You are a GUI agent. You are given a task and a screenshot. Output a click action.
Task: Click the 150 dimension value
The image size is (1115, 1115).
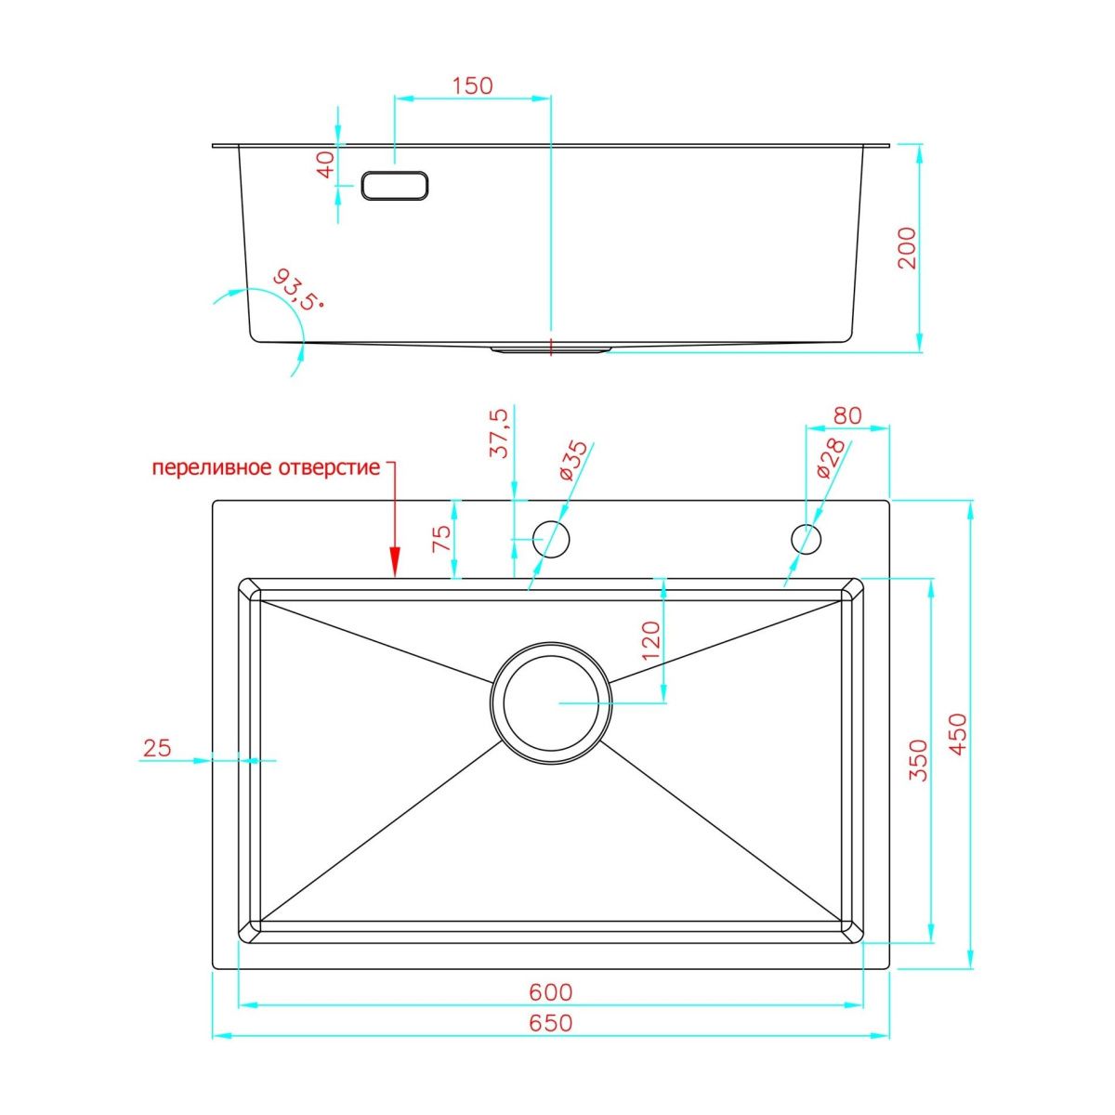coord(472,85)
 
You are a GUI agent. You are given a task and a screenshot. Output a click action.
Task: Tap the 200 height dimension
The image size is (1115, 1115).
coord(907,248)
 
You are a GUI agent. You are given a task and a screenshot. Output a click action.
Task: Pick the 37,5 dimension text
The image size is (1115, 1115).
coord(499,432)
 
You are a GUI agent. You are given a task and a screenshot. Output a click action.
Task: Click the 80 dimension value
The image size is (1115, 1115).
coord(847,415)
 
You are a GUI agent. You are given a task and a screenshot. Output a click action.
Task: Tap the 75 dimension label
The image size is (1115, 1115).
coord(442,538)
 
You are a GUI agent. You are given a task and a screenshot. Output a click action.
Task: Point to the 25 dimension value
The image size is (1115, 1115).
coord(158,747)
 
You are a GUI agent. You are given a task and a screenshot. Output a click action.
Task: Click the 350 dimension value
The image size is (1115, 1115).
coord(918,759)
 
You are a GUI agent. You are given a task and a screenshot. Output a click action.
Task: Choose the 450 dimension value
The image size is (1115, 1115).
coord(958,734)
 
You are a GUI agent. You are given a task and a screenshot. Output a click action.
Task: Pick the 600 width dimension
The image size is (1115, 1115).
coord(551,992)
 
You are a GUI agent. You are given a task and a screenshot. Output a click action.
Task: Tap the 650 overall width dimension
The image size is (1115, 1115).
coord(551,1023)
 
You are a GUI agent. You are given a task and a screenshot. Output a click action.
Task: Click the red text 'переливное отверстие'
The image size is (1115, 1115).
coord(267,467)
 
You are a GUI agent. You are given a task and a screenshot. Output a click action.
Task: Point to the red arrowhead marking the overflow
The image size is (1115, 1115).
coord(395,560)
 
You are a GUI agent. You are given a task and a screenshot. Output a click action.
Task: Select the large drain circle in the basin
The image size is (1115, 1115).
coord(551,702)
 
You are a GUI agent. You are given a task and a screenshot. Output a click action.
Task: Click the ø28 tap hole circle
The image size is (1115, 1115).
coord(806,538)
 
